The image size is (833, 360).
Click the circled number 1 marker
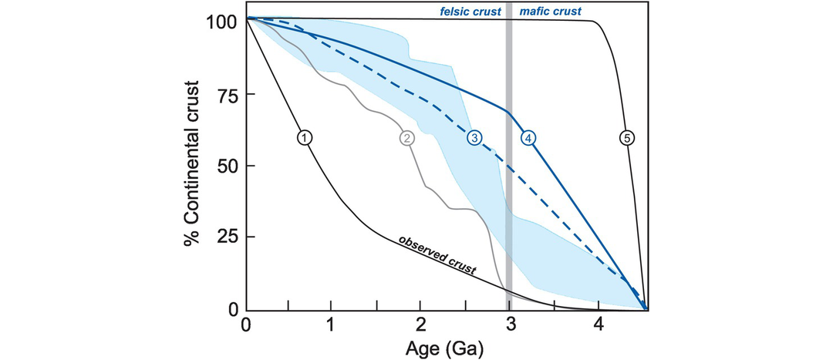coord(305,138)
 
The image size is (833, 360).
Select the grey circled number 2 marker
coord(406,138)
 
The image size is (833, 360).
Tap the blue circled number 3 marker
coord(474,138)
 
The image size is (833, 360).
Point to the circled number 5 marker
coord(626,138)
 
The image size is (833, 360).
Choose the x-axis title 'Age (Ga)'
coord(444,348)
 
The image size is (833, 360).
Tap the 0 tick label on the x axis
coord(246,324)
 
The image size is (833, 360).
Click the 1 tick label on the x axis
coord(332,324)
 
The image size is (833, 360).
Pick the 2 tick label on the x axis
coord(421,324)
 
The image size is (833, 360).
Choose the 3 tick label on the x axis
coord(509,324)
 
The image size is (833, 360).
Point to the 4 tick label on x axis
coord(598,324)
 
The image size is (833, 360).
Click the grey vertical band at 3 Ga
coord(508,193)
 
